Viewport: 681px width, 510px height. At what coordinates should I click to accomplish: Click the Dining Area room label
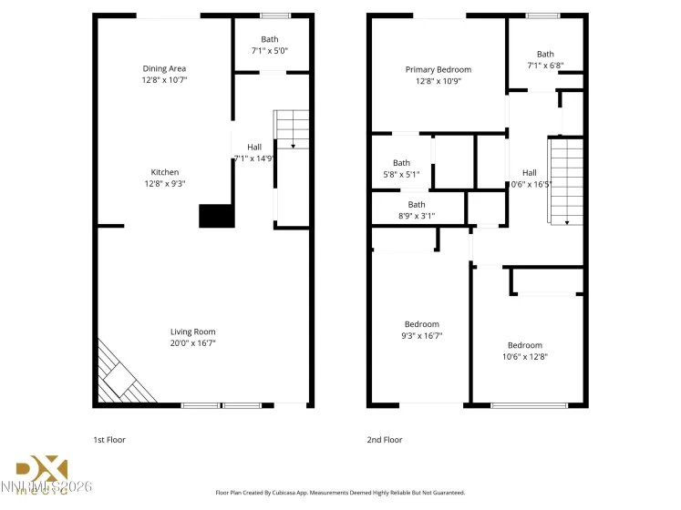click(164, 68)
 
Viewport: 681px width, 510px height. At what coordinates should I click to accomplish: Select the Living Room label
click(192, 331)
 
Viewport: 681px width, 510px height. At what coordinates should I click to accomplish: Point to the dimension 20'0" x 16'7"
click(192, 343)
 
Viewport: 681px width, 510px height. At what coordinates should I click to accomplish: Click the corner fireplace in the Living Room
click(119, 377)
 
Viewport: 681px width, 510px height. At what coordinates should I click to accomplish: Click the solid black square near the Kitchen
click(216, 216)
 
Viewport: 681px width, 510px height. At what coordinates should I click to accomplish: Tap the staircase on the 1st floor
click(292, 129)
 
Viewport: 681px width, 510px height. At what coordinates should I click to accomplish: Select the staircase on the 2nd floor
click(564, 180)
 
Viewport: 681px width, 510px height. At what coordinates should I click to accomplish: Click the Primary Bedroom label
click(438, 69)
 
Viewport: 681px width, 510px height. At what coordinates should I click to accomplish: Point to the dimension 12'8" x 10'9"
click(438, 81)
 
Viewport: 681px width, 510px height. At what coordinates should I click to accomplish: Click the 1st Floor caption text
click(109, 440)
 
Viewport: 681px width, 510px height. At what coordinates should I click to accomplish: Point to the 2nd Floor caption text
click(384, 440)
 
